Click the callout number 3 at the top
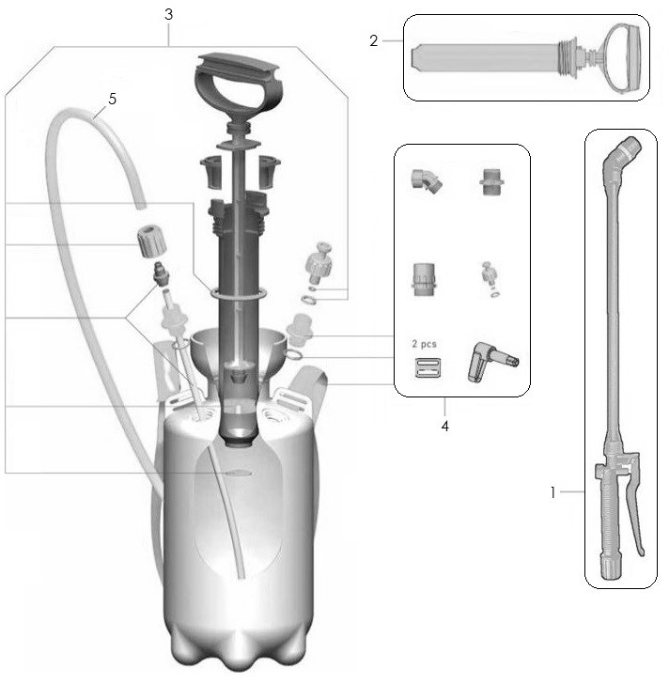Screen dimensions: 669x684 click(169, 14)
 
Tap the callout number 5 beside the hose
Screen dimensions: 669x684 click(112, 99)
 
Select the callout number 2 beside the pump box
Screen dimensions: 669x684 click(373, 40)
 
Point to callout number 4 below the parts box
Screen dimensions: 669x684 click(444, 426)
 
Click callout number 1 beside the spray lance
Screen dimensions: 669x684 click(553, 492)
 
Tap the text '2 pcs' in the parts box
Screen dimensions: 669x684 click(425, 344)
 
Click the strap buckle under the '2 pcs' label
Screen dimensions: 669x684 click(428, 367)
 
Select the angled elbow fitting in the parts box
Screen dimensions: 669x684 click(427, 180)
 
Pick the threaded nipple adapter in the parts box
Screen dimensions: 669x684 click(492, 181)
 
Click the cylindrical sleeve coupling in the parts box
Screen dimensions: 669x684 click(424, 279)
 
